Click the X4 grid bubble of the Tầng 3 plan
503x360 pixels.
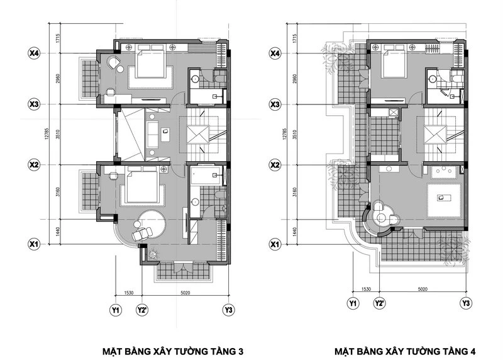(34, 53)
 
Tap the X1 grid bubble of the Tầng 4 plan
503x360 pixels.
(275, 244)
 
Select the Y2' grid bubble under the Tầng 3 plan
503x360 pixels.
(142, 310)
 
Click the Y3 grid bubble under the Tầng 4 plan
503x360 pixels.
(466, 303)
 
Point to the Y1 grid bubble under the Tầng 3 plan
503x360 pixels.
(116, 310)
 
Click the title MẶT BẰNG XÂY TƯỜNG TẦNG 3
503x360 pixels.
(173, 351)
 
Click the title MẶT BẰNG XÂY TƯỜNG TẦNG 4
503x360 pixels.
(405, 351)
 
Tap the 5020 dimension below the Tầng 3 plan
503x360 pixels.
(185, 293)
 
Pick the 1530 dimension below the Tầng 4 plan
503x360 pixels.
(366, 289)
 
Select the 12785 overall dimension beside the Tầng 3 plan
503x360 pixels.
(47, 133)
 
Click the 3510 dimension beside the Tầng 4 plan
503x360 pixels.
(295, 134)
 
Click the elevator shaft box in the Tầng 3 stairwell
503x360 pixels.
(198, 135)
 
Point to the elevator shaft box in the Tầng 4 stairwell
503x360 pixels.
(435, 135)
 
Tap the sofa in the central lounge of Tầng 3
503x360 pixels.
(152, 135)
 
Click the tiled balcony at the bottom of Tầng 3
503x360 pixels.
(183, 271)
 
